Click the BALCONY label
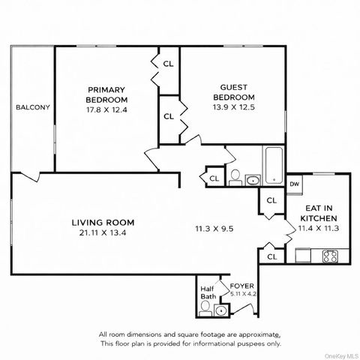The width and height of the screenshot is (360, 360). [x=32, y=107]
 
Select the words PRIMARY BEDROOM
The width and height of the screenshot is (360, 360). [x=106, y=94]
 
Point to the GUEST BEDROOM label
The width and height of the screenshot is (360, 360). [x=234, y=91]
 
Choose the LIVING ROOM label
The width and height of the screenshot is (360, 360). [x=103, y=222]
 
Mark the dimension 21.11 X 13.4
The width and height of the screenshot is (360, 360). [x=103, y=233]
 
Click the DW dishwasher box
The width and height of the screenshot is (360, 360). [x=295, y=184]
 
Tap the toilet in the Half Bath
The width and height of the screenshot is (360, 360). [x=206, y=309]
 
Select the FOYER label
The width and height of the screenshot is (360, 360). [x=241, y=285]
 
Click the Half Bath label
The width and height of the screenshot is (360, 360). [x=208, y=292]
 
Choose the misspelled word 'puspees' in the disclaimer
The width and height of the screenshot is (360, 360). [x=227, y=343]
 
